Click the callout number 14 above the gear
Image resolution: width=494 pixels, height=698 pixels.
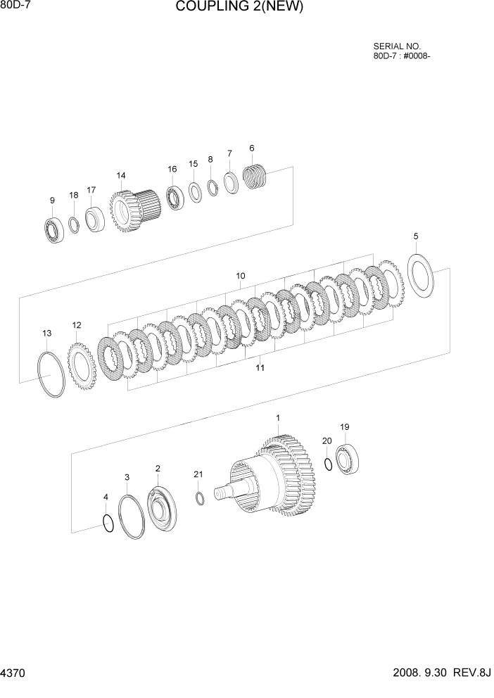(121, 175)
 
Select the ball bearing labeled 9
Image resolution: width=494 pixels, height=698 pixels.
(53, 230)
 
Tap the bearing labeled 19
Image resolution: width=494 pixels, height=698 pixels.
(347, 459)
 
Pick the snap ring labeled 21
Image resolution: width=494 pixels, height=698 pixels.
(199, 498)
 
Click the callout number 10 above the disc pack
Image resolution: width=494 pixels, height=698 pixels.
(241, 277)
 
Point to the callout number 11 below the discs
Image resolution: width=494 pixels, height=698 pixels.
(260, 368)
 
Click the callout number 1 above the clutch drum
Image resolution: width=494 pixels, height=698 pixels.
(278, 418)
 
